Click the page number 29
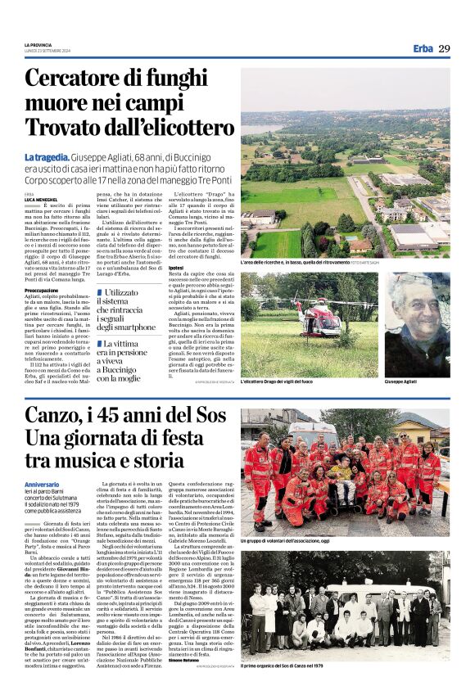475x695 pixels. pyautogui.click(x=444, y=48)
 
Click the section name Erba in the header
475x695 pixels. pyautogui.click(x=423, y=48)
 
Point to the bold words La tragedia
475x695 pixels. pyautogui.click(x=47, y=156)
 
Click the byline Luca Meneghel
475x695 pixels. pyautogui.click(x=41, y=199)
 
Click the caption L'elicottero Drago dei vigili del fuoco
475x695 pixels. pyautogui.click(x=279, y=382)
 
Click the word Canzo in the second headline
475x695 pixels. pyautogui.click(x=51, y=415)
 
